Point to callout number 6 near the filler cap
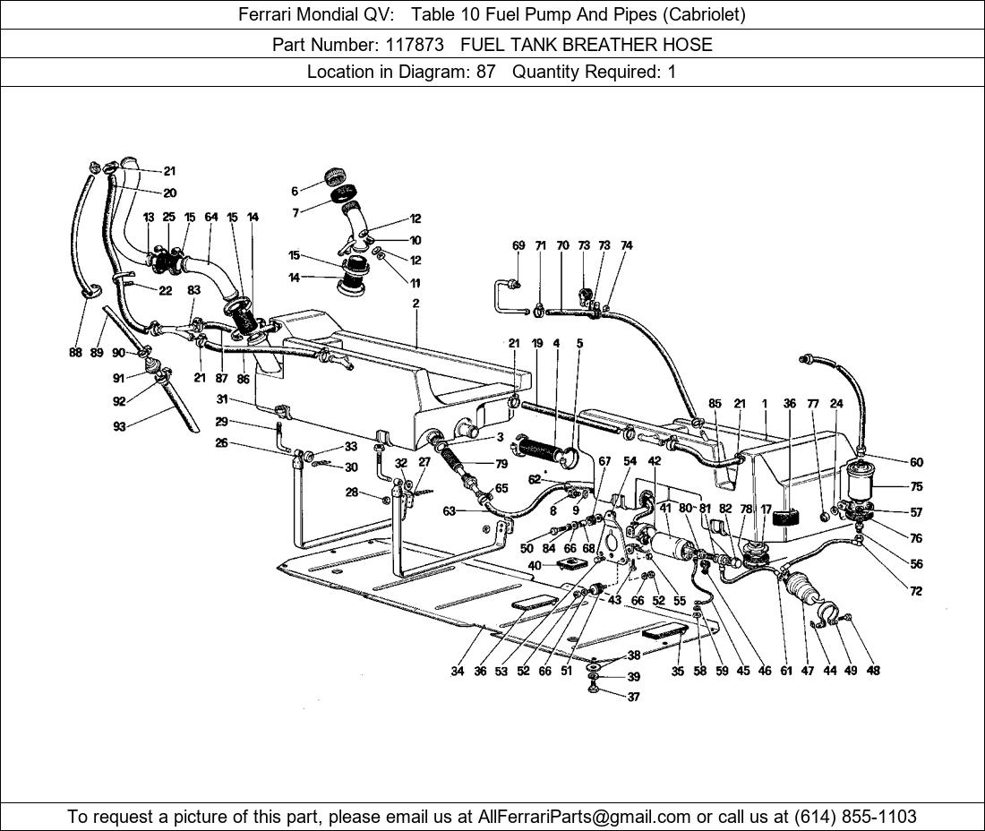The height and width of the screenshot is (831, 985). coord(295,191)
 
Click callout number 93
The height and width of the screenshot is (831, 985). coord(119,427)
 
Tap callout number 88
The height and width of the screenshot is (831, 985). coord(75,353)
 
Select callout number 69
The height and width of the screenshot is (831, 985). coord(518,245)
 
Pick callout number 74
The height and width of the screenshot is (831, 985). coord(627,245)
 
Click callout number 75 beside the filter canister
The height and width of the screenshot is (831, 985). coord(916,487)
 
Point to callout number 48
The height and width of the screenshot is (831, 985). coord(873,671)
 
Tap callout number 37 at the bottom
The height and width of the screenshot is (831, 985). coord(634,697)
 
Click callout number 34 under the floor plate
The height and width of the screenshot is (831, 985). coord(458,671)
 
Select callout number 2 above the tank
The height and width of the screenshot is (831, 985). coord(415,304)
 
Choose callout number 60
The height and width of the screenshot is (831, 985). coord(916,462)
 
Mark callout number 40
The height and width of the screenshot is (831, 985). coord(535,565)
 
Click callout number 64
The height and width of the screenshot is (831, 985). coord(211,217)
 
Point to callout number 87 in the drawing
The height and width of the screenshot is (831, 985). coord(221,379)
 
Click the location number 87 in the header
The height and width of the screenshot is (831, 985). coord(485,72)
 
